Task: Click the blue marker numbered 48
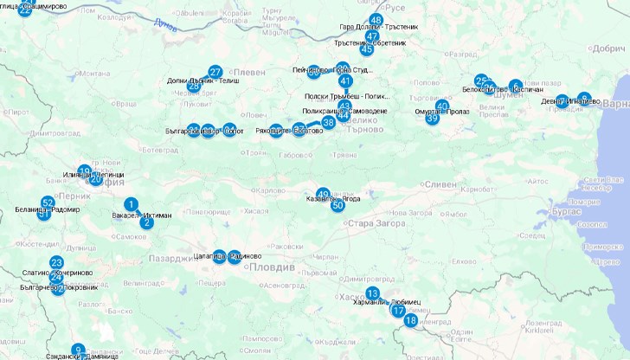[376, 20]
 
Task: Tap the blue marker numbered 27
[215, 72]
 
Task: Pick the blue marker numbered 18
[410, 320]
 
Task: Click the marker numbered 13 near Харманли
[372, 293]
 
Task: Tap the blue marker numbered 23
[56, 262]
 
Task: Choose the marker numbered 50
[338, 205]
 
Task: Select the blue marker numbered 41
[345, 80]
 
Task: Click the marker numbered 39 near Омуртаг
[432, 118]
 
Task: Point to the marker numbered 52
[48, 202]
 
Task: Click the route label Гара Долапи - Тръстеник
[379, 27]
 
